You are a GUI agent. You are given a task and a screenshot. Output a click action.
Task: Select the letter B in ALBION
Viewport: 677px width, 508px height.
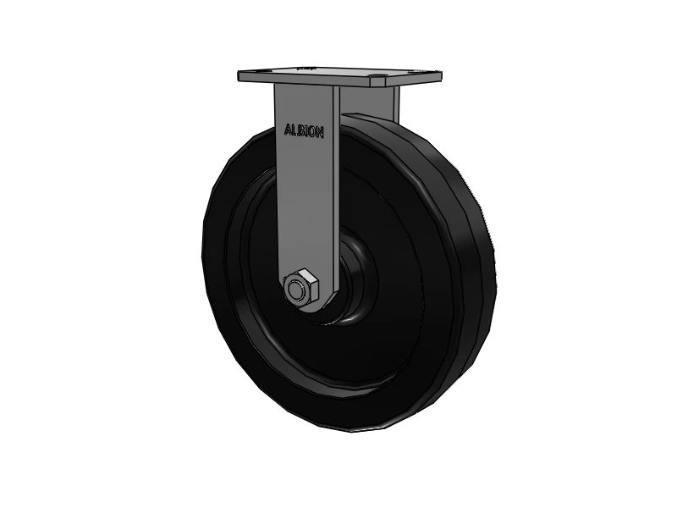[x=297, y=131]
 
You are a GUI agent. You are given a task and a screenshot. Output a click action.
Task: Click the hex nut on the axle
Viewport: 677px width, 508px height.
[x=300, y=287]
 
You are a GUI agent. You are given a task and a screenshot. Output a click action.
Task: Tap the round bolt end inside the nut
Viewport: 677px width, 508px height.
[x=298, y=289]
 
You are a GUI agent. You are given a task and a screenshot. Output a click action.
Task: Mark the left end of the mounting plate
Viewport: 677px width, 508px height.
[x=242, y=77]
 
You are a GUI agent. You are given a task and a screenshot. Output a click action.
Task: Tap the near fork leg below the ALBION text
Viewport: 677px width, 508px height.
[x=305, y=203]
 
